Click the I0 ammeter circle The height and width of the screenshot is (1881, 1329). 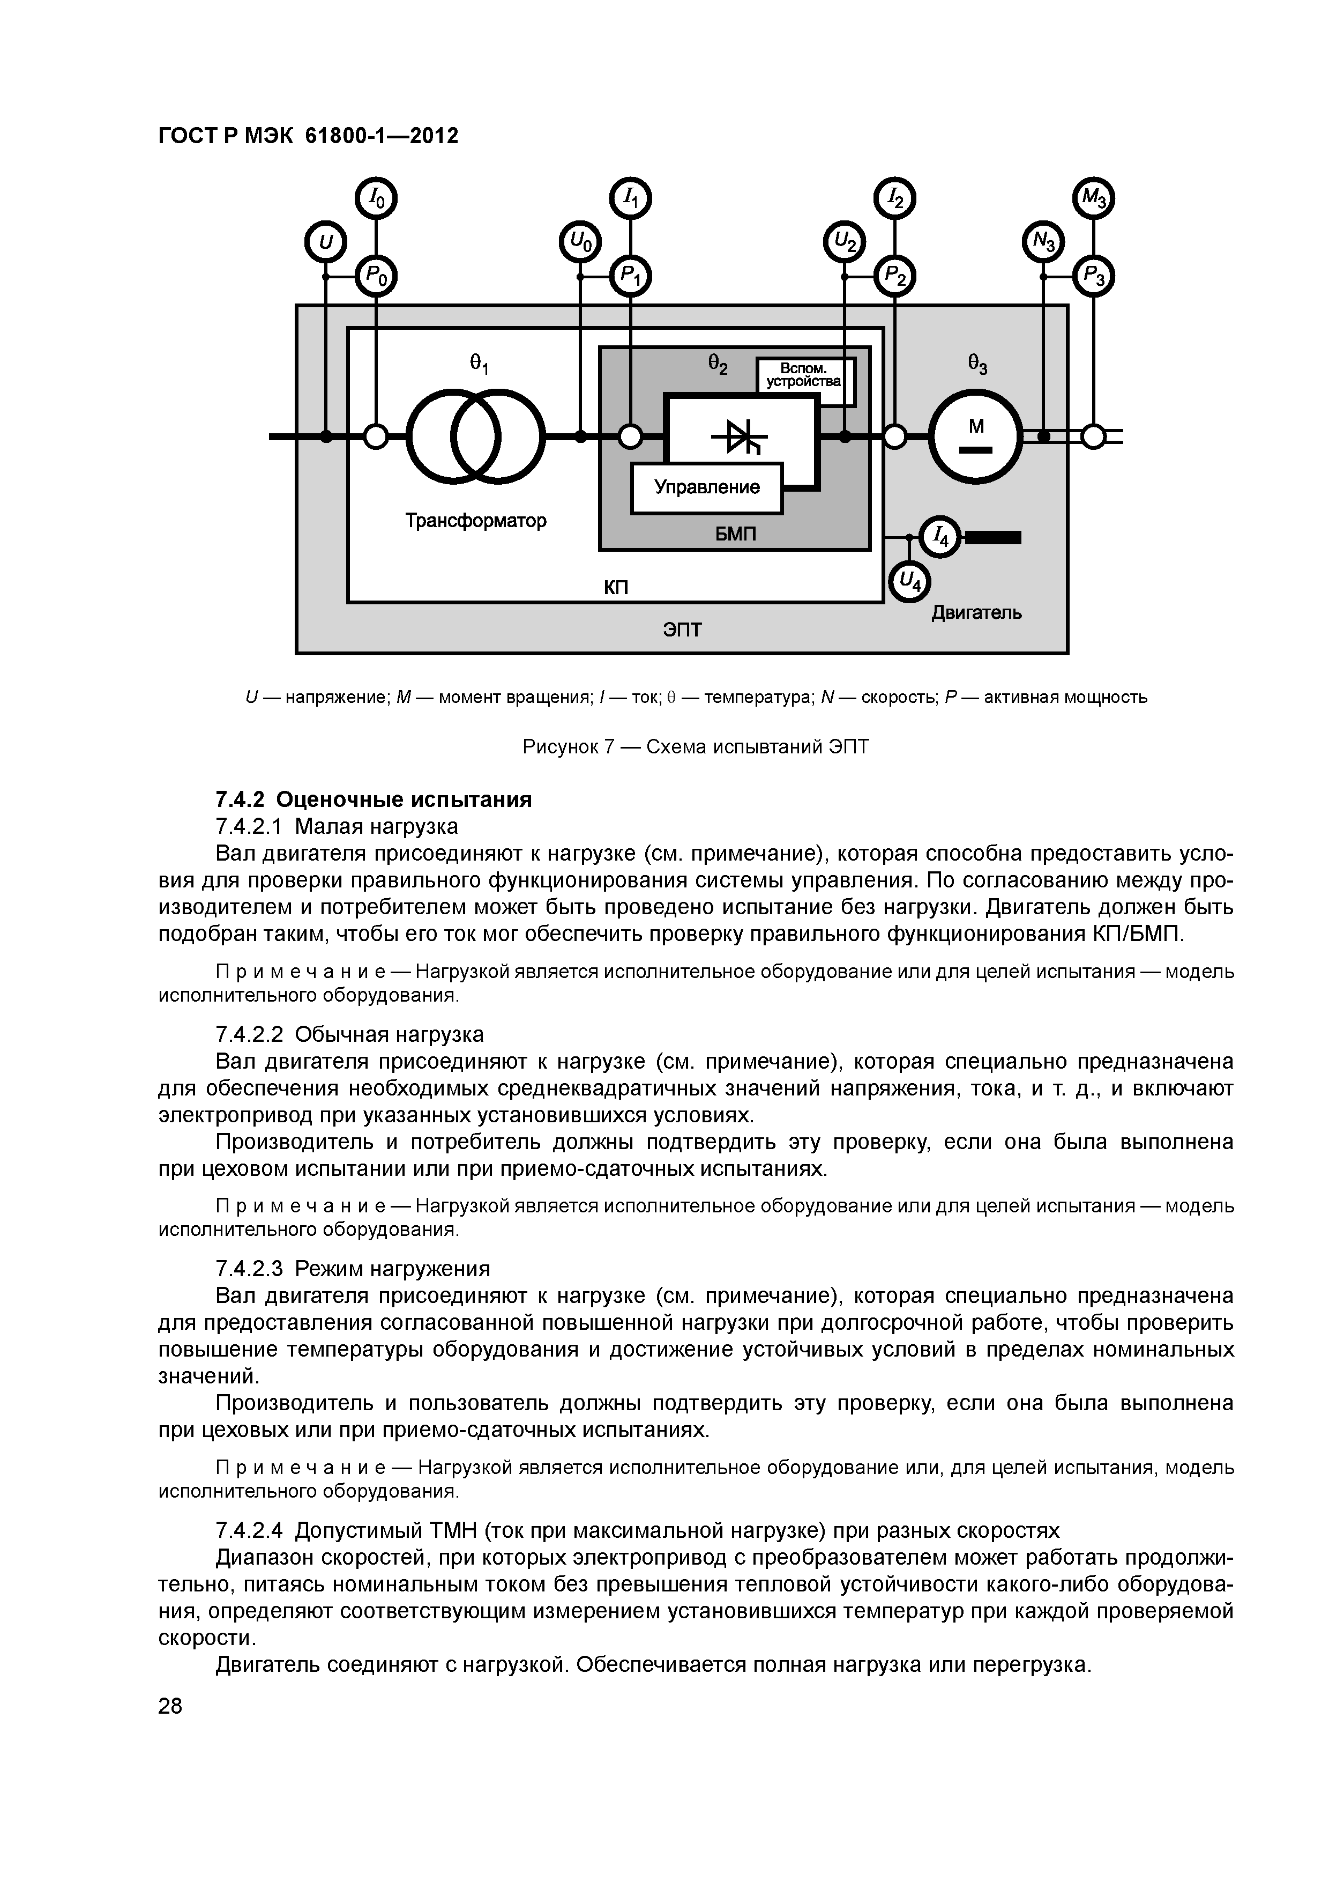pos(375,198)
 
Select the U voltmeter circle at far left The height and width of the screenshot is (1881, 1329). pos(325,242)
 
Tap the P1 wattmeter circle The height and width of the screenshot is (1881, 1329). pos(631,277)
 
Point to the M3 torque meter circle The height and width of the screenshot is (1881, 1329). pos(1093,198)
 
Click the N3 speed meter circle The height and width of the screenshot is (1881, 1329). pos(1043,242)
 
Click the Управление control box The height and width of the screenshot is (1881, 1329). pos(707,488)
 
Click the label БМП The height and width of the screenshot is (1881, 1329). pos(735,534)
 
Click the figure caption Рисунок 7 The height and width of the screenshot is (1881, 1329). pos(695,747)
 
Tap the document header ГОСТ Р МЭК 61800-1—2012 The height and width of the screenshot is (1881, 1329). pos(308,135)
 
